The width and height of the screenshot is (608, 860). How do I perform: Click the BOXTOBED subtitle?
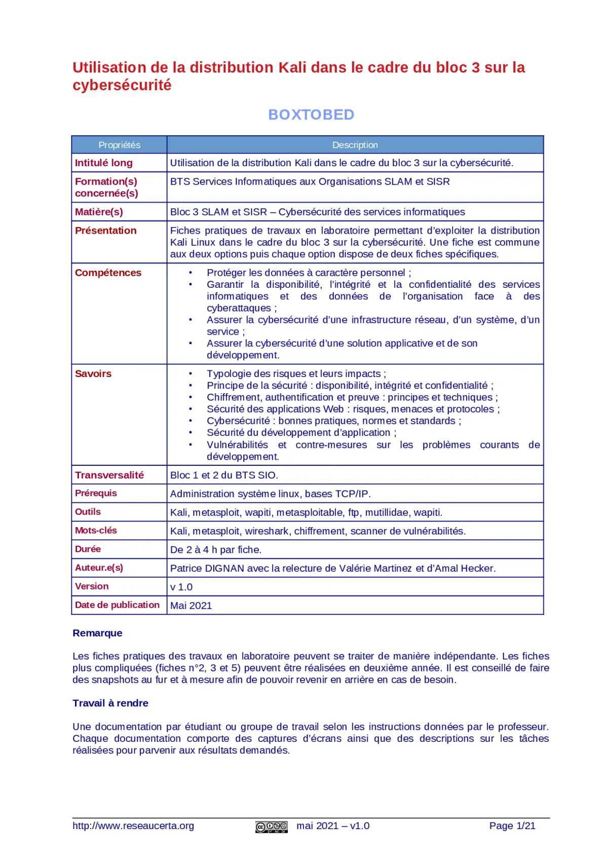[311, 115]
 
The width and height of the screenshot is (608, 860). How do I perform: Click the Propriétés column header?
[119, 145]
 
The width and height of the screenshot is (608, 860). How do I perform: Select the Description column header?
[355, 145]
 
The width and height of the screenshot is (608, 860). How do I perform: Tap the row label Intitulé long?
[104, 163]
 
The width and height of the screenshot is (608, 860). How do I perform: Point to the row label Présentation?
[106, 231]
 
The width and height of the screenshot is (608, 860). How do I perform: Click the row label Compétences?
[108, 273]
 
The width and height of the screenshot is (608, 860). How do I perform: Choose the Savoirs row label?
[93, 374]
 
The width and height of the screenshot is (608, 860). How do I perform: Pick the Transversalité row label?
[109, 475]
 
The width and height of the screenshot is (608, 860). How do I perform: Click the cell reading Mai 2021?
[191, 606]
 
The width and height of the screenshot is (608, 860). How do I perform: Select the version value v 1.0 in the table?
[181, 587]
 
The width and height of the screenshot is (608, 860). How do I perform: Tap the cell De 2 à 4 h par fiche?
[216, 550]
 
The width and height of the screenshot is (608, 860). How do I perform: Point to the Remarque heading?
[97, 633]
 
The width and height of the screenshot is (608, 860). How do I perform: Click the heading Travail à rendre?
[110, 703]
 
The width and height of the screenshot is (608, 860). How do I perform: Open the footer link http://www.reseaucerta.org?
[133, 826]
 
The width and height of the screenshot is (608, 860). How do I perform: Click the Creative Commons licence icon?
[272, 827]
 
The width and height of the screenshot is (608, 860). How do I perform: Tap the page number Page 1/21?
[512, 826]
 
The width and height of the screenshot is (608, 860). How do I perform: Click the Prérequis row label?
[96, 494]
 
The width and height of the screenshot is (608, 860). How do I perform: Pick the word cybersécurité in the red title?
[122, 85]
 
